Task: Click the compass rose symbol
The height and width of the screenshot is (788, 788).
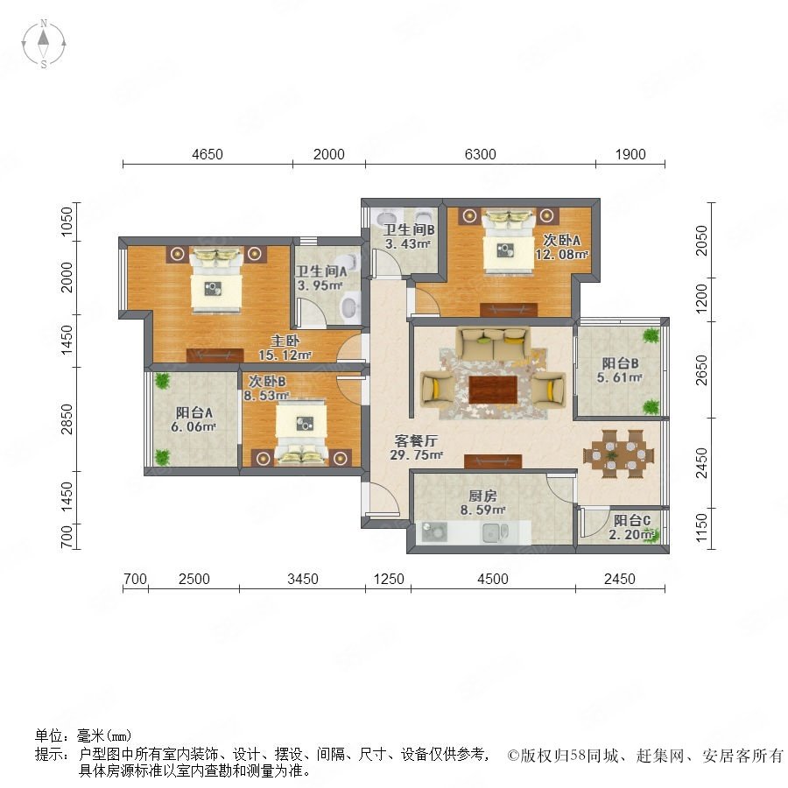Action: (x=44, y=43)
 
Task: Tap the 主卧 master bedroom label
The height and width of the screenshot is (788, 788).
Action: (x=285, y=341)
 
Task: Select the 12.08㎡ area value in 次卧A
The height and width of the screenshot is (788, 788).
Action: (x=561, y=254)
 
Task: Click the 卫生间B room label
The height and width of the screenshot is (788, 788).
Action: (x=409, y=229)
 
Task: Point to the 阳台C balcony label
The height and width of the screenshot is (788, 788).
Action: (x=631, y=520)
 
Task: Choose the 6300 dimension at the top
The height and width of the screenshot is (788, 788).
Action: (x=480, y=154)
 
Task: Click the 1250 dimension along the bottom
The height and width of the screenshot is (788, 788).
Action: (x=389, y=579)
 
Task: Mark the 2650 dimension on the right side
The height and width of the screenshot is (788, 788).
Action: (x=701, y=369)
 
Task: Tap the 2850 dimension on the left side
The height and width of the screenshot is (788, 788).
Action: (x=67, y=419)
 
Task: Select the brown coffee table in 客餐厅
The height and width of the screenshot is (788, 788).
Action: (x=493, y=390)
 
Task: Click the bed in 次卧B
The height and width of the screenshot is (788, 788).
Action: (x=301, y=431)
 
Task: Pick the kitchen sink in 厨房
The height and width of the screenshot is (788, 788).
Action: (x=495, y=532)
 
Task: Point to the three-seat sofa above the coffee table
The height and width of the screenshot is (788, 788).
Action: (x=493, y=344)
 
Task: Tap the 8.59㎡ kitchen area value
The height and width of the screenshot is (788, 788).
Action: (x=482, y=510)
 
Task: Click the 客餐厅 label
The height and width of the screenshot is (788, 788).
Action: (x=416, y=440)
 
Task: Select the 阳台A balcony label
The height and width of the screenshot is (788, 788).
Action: (x=194, y=412)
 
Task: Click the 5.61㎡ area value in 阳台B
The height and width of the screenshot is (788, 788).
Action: (x=620, y=376)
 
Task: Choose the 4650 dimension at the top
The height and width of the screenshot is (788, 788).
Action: (x=207, y=154)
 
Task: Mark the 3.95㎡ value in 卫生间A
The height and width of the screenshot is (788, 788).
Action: (x=320, y=285)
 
